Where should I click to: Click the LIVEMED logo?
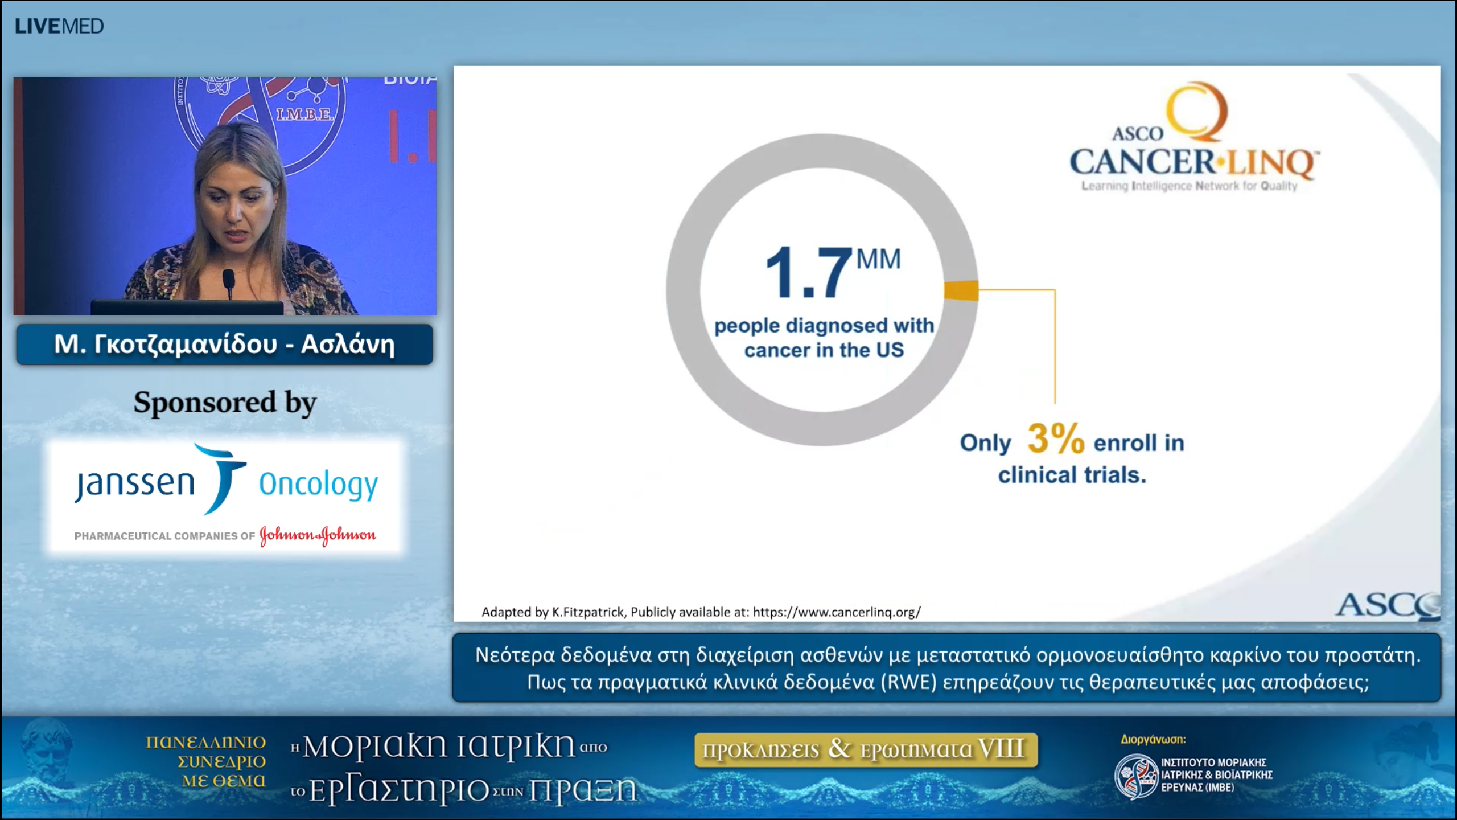(59, 26)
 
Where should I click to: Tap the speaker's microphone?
(228, 281)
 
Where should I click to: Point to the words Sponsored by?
(225, 403)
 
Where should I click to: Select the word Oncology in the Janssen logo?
(318, 485)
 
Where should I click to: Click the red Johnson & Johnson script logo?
(318, 535)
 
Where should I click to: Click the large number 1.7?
(808, 273)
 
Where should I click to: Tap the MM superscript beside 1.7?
(878, 260)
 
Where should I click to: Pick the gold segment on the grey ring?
(961, 290)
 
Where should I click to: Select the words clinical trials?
(1072, 475)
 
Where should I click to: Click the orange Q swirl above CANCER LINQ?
(1195, 111)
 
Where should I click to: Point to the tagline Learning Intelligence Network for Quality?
(1189, 186)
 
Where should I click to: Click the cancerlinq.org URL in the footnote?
(836, 612)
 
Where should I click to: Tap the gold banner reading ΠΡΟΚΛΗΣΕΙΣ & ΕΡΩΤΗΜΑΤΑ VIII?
(866, 749)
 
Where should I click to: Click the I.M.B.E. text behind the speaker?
(304, 114)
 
